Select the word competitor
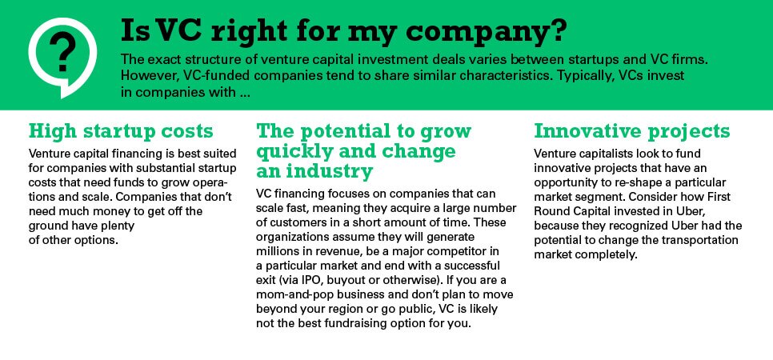click(404, 250)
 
